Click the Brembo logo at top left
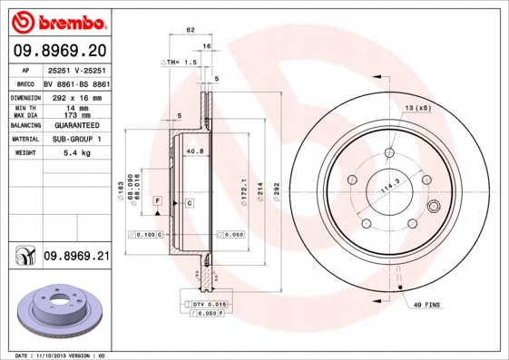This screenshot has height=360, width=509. pos(57,20)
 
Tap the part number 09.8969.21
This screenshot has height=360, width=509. pos(76,258)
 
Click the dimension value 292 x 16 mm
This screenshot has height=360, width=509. pos(75,95)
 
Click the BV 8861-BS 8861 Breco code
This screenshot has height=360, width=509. pos(76,82)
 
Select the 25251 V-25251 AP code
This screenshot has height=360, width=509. pos(75,69)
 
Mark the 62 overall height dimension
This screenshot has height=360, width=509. pos(191,31)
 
